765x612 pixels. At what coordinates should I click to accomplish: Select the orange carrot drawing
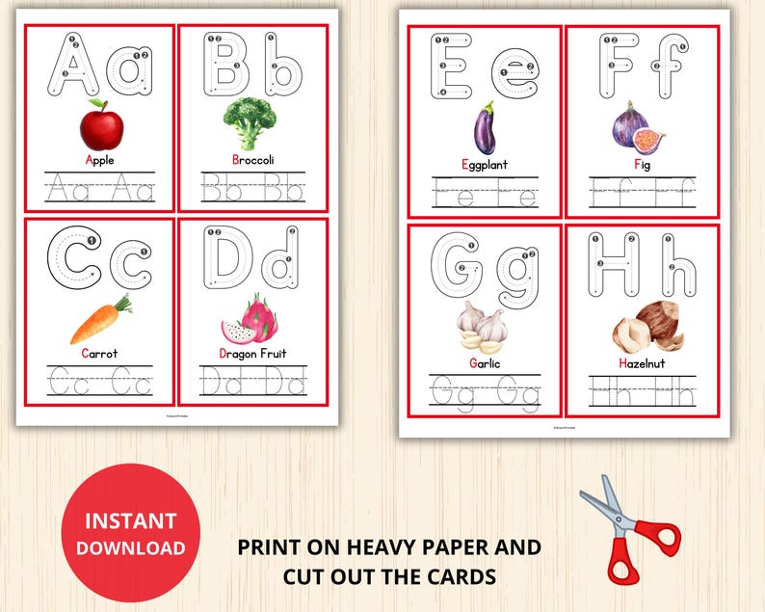[99, 321]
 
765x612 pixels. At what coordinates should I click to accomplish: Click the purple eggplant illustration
[484, 128]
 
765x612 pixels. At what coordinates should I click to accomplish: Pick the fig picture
[637, 126]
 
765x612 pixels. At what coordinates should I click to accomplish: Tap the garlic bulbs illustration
[483, 327]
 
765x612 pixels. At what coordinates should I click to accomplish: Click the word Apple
[99, 160]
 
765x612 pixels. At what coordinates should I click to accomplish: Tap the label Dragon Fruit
[252, 354]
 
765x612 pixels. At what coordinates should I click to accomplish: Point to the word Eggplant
[484, 165]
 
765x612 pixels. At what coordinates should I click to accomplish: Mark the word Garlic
[484, 363]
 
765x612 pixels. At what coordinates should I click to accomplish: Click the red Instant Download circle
[131, 534]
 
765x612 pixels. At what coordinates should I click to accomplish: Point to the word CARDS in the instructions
[465, 577]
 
